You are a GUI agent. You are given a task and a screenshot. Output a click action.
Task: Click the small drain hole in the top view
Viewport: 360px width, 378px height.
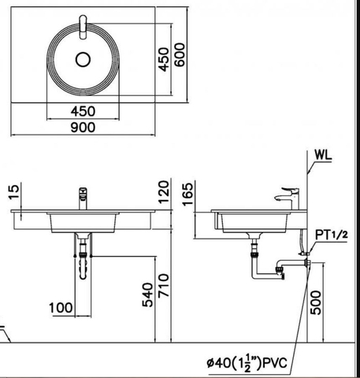84,59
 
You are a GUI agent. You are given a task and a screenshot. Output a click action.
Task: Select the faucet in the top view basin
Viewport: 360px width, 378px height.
84,28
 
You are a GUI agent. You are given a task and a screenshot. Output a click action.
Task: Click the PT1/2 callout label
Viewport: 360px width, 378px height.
332,235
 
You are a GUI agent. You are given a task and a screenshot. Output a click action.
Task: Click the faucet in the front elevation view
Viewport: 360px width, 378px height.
81,198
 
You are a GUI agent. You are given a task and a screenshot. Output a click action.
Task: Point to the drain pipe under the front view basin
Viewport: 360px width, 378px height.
83,260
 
